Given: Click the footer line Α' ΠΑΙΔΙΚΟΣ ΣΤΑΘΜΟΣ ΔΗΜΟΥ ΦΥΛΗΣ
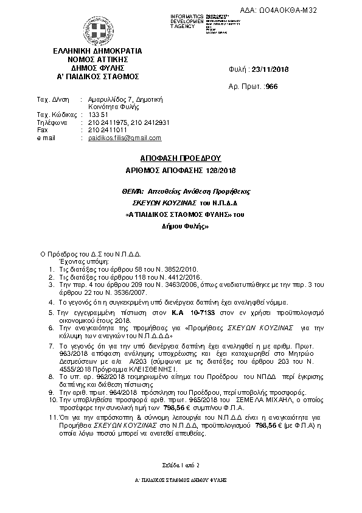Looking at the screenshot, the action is pyautogui.click(x=181, y=481).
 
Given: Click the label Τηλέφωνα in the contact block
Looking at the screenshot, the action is pyautogui.click(x=51, y=122).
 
